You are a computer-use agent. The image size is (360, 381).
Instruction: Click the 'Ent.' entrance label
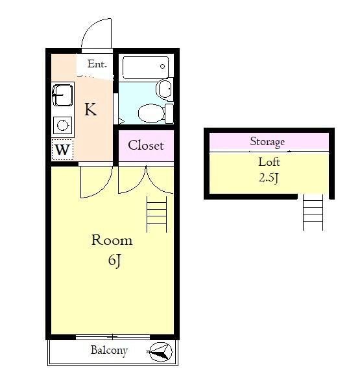tap(97, 64)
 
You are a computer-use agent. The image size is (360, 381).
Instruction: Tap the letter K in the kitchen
tap(91, 110)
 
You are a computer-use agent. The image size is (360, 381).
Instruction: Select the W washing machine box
tap(62, 150)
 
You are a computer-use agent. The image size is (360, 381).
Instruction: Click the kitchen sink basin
tap(62, 95)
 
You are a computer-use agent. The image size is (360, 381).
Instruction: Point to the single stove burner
tap(63, 125)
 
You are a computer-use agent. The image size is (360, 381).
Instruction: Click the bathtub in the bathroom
tap(145, 67)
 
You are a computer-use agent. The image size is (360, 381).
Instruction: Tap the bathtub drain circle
tap(162, 66)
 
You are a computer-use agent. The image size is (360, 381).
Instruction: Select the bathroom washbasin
tap(165, 89)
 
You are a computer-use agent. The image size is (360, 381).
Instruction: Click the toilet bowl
tap(151, 113)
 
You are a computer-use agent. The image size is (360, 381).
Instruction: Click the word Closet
tap(146, 145)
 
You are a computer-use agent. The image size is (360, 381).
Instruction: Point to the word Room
tap(112, 240)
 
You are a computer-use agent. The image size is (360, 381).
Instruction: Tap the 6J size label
tap(114, 261)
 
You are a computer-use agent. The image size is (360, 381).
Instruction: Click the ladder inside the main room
tap(156, 214)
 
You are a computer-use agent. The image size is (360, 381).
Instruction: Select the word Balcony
tap(109, 351)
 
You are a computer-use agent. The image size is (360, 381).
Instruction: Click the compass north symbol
tap(161, 352)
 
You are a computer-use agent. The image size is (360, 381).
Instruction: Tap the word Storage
tap(267, 142)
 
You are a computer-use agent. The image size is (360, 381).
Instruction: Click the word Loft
tap(269, 162)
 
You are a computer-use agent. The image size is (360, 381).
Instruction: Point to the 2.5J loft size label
tap(269, 178)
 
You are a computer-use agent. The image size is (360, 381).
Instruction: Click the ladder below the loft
tap(313, 212)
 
